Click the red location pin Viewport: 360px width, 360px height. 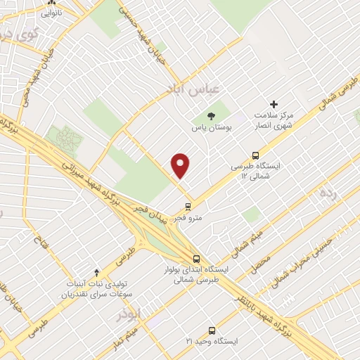point(181,165)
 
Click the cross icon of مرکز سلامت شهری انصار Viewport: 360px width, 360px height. point(274,103)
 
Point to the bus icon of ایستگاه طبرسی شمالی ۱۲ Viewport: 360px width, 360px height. point(255,156)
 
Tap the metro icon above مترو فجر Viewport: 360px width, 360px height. point(188,206)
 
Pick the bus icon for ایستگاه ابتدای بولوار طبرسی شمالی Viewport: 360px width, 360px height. point(196,258)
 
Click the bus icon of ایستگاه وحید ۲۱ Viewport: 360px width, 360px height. point(212,330)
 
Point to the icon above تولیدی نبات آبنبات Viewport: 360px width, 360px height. point(97,271)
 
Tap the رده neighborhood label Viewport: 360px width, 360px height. point(329,193)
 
